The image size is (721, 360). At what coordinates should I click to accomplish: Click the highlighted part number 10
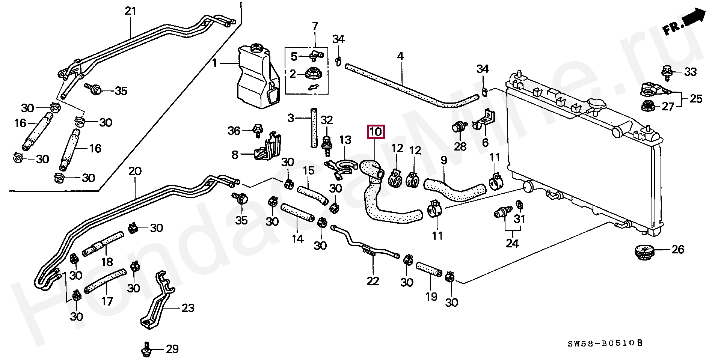(x=376, y=132)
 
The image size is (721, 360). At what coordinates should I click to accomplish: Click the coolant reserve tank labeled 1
(x=257, y=77)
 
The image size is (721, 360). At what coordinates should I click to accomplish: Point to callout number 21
(x=130, y=11)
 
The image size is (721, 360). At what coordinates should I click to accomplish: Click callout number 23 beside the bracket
(x=188, y=308)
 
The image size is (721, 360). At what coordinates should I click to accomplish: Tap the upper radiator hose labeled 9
(x=454, y=188)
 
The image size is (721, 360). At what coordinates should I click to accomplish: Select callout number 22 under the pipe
(x=373, y=281)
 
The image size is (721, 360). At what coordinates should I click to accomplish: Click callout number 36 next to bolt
(x=234, y=131)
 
